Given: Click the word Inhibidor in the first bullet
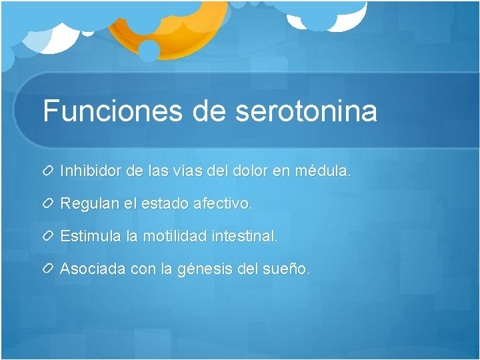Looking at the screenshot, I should click(x=91, y=171).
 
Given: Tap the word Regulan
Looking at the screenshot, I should click(x=89, y=203).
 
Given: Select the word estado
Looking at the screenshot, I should click(x=165, y=203).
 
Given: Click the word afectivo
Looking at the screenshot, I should click(x=223, y=203).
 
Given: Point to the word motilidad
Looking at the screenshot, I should click(x=175, y=236).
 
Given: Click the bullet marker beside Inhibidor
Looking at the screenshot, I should click(x=49, y=171).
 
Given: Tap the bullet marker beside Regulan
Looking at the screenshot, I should click(x=49, y=204).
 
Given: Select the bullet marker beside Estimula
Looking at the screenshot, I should click(x=49, y=237).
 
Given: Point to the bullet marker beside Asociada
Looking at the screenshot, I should click(x=49, y=269).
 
